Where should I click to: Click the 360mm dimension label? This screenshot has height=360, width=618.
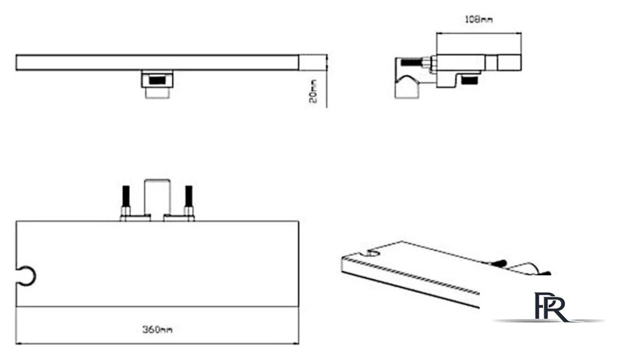click(x=157, y=329)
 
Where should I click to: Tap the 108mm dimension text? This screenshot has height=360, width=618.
click(x=478, y=19)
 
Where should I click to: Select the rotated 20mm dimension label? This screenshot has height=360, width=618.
click(x=313, y=91)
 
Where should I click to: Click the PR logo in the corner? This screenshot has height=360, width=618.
click(x=552, y=307)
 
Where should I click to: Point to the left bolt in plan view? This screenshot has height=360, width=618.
click(x=126, y=201)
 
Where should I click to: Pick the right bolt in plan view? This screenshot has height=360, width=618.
click(x=189, y=201)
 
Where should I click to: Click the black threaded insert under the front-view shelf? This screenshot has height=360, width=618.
click(x=157, y=80)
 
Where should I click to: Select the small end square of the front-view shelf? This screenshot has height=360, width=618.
click(x=313, y=63)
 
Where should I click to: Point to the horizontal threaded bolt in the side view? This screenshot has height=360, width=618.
click(x=412, y=63)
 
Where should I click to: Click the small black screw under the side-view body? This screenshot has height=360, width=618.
click(x=470, y=80)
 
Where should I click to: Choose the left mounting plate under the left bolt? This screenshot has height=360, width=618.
click(x=135, y=218)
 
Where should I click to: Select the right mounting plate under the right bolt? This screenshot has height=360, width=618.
click(x=179, y=218)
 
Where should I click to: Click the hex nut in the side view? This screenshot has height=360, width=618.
click(x=428, y=63)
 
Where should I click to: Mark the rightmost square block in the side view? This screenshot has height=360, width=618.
click(x=509, y=63)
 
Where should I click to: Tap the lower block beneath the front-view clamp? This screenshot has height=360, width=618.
click(x=157, y=93)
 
